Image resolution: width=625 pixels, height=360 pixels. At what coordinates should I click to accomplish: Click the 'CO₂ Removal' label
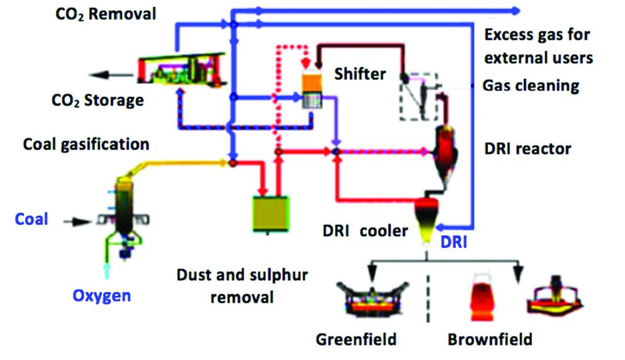[104, 14]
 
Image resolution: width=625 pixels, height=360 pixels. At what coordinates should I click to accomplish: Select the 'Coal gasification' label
[86, 144]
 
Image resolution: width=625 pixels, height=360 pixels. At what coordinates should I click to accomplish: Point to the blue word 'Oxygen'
[102, 295]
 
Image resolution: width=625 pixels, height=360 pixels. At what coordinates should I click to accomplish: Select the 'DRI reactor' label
[528, 149]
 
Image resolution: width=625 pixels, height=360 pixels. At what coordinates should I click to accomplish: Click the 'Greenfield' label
[356, 340]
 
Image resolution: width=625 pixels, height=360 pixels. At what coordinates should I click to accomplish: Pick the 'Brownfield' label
[490, 340]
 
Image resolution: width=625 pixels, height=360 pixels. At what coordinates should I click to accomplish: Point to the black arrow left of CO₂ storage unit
[110, 76]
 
